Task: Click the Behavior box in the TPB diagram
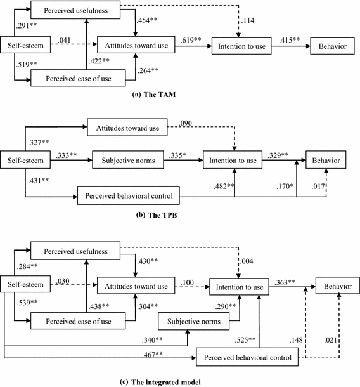point(326,161)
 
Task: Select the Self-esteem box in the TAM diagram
point(21,45)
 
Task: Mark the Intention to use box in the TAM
point(242,45)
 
